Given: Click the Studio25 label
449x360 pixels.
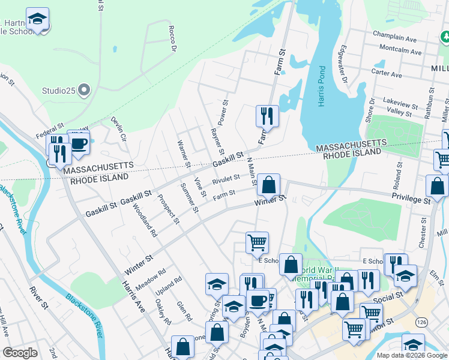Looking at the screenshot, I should [58, 91].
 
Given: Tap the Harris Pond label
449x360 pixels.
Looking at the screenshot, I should [322, 86].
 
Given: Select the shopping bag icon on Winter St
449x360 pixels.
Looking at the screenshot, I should [270, 185].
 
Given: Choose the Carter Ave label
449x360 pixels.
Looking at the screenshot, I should [386, 72].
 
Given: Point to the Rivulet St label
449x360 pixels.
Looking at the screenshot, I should [226, 179].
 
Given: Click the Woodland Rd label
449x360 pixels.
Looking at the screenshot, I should [145, 222].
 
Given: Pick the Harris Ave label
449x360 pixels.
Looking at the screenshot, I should [133, 295].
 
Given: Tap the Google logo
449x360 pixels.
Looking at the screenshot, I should [20, 353].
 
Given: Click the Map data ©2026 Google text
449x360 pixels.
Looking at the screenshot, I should [411, 355].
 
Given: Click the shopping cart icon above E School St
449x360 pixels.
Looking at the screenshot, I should [257, 242].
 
